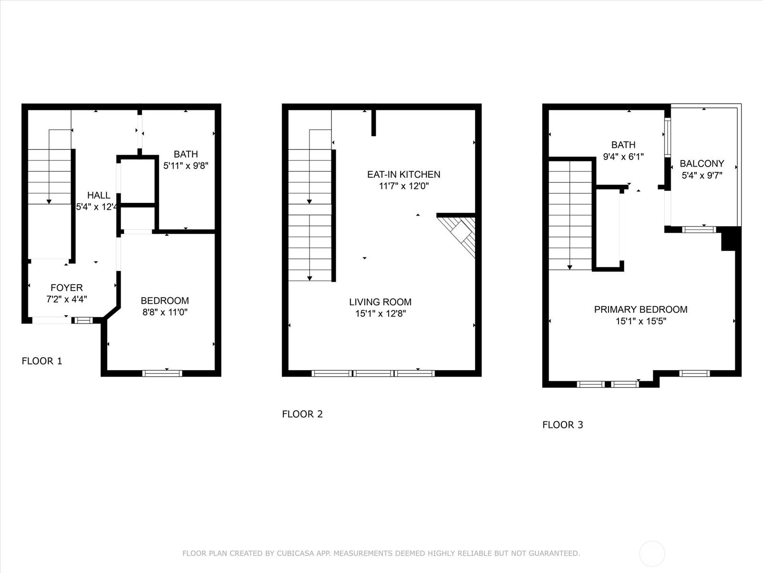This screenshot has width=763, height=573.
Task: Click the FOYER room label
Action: pos(67,287)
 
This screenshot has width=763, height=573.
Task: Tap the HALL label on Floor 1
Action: pos(99,195)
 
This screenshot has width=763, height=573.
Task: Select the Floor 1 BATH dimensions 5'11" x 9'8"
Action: pos(186,166)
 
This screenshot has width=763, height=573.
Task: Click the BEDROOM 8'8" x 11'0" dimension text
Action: pos(165,313)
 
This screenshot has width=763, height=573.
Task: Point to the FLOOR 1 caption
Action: pos(42,361)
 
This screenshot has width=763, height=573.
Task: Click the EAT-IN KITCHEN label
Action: pos(403,174)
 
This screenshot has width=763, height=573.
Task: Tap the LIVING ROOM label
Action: pos(380,302)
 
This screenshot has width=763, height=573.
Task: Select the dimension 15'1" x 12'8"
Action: pos(380,314)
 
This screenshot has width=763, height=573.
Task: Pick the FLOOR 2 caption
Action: pos(302,414)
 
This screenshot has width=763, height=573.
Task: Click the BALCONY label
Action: pos(702,163)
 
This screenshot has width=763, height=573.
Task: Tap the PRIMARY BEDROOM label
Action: pos(640,309)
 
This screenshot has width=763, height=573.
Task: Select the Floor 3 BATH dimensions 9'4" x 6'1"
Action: pos(623,157)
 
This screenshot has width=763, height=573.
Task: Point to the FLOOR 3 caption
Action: pos(563,424)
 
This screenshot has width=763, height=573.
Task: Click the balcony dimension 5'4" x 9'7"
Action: pos(702,175)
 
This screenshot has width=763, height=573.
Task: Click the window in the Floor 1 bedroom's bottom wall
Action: pos(162,373)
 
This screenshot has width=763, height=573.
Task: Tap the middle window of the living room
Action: pos(374,373)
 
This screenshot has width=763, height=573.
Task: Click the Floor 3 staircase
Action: pos(570,215)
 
